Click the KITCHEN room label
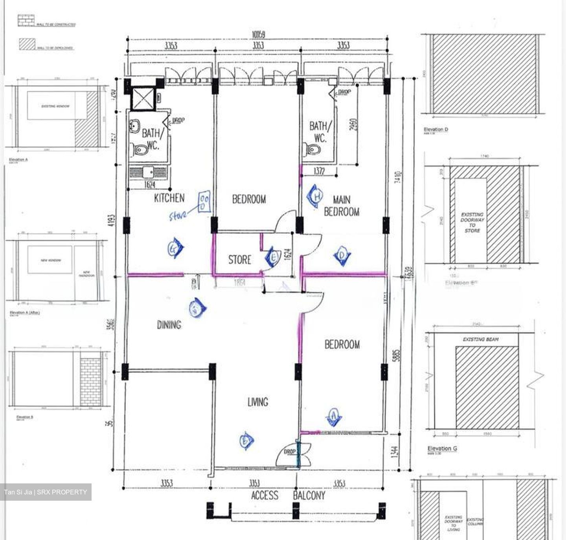(x=169, y=198)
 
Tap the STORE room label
(x=239, y=260)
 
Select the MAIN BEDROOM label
(x=341, y=206)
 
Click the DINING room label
(x=169, y=325)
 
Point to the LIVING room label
(x=257, y=402)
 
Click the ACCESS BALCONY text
(x=288, y=496)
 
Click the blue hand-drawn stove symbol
(x=204, y=202)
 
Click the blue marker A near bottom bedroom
(x=334, y=417)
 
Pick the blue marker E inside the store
(x=272, y=257)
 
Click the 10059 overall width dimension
(x=258, y=35)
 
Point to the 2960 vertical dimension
(x=353, y=125)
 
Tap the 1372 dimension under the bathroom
(x=319, y=171)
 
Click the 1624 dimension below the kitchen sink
(x=149, y=184)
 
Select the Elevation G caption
(x=442, y=448)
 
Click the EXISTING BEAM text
(x=480, y=339)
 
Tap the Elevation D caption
(x=436, y=129)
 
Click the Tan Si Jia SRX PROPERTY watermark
(x=46, y=492)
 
